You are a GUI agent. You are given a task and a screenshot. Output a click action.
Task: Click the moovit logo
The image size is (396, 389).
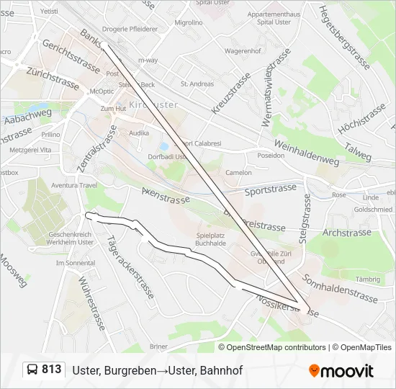coord(341,371)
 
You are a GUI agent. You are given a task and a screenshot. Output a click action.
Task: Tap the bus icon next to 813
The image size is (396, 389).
coord(32,370)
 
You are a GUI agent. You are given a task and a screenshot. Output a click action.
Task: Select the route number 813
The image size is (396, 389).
coord(52,370)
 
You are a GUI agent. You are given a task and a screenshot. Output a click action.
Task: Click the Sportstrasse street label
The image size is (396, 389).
coord(270,189)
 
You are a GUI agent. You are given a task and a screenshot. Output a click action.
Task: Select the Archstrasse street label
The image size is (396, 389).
coord(346,233)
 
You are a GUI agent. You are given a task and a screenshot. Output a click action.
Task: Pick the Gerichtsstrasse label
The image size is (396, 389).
coord(71,55)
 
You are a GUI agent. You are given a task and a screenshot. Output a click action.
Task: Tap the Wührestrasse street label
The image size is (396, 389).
coord(91,303)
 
